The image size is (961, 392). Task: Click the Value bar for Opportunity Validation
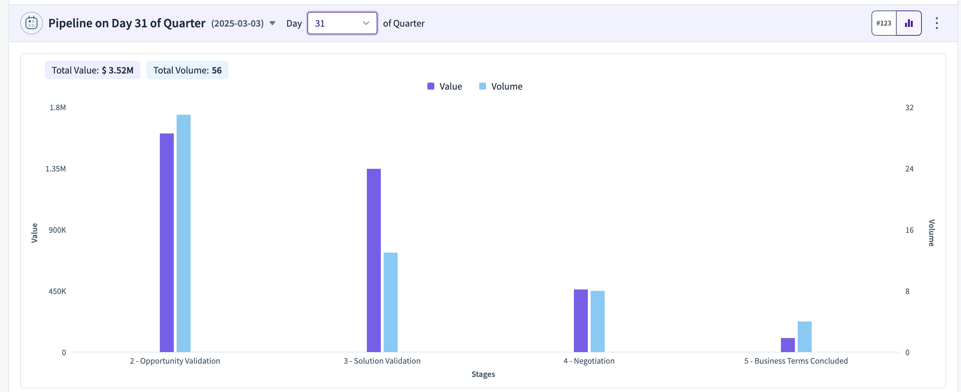click(167, 243)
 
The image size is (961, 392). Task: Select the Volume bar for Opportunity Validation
click(184, 233)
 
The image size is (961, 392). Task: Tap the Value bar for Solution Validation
click(374, 260)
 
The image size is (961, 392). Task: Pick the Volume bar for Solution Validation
click(391, 302)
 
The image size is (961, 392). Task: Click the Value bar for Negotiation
click(581, 321)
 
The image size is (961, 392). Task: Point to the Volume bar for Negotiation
click(598, 321)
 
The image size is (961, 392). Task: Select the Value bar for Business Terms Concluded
click(788, 345)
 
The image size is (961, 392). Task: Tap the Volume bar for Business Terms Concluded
click(805, 337)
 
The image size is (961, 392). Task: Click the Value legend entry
click(445, 86)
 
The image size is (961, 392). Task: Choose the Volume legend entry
click(501, 86)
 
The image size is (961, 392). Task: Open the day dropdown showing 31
click(342, 23)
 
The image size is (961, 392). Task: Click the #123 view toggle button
click(884, 23)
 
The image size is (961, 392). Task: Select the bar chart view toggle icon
click(909, 23)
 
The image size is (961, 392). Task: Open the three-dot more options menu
click(937, 23)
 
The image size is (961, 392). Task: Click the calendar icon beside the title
click(31, 23)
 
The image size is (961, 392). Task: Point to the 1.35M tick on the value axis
click(56, 169)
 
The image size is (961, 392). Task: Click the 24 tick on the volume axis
click(910, 169)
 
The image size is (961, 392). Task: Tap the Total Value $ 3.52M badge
click(93, 70)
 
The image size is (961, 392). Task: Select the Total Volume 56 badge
click(187, 70)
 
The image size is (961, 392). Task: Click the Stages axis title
click(483, 374)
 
